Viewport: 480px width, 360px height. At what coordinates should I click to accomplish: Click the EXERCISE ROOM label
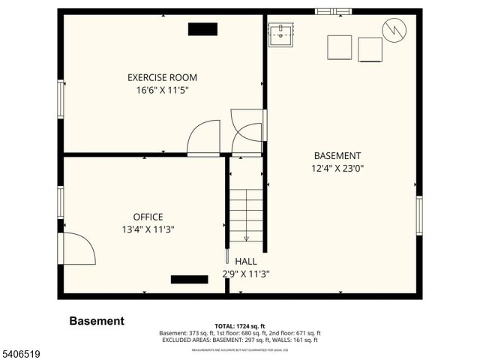coord(162,77)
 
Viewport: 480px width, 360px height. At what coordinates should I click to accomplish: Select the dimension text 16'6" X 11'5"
coord(162,90)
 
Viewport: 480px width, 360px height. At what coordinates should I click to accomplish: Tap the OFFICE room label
coord(148,217)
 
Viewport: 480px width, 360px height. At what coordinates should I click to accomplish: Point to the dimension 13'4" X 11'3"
coord(149,229)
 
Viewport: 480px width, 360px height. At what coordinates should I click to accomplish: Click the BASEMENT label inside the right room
coord(337,156)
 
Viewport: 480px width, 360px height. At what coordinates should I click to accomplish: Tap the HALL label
coord(245,261)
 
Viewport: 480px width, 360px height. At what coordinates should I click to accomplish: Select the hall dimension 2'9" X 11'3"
coord(245,274)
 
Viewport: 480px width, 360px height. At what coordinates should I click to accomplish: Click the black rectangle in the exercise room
coord(202,29)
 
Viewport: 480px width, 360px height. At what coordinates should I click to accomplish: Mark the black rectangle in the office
coord(189,280)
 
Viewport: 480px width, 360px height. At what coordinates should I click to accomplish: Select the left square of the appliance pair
coord(338,46)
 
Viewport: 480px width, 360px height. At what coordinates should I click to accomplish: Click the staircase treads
coord(246,214)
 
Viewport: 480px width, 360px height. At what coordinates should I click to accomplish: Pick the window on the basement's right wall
coord(419,216)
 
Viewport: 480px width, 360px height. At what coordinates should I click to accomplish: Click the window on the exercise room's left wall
coord(61,99)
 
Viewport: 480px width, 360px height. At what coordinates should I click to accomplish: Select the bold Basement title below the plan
coord(97,321)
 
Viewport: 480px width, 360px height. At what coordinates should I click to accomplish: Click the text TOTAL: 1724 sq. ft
coord(240,326)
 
